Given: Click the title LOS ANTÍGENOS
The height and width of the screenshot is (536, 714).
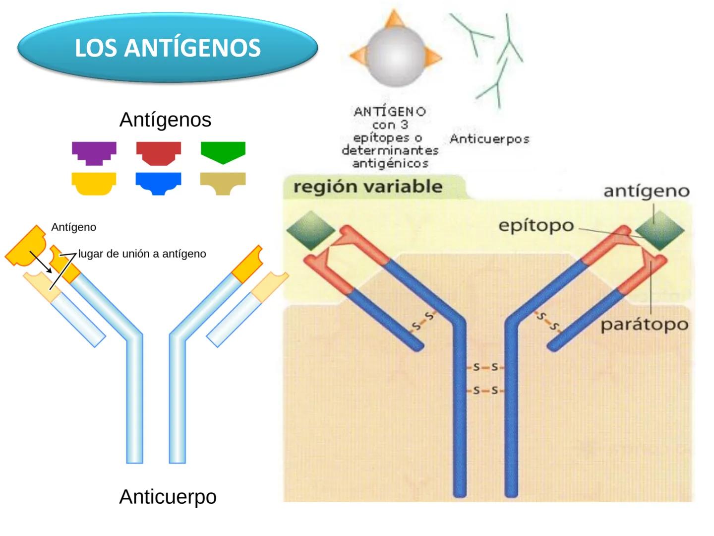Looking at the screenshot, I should pos(168,48).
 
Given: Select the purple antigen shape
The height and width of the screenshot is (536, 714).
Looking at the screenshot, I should pos(94,151).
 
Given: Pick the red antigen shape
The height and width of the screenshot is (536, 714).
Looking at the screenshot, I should pos(159,151).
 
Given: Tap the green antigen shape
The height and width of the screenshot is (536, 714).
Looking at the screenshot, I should pos(223,151).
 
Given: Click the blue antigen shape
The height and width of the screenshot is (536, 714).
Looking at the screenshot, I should pos(159,182).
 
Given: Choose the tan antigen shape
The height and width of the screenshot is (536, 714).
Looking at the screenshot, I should pos(223,182).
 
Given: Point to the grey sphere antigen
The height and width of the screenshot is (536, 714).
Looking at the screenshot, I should pos(395,55).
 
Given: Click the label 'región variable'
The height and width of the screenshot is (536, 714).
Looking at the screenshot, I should pos(367,187).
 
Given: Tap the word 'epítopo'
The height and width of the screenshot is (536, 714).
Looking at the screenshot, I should pos(536,226).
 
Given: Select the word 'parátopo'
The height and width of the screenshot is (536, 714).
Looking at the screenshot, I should pos(644,325).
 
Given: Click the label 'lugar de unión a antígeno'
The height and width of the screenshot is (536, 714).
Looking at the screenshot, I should pos(142,254).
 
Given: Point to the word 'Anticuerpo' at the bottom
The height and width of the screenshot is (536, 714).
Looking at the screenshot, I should pos(168,497).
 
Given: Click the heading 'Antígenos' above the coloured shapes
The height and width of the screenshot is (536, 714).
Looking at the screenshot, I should pos(165,120).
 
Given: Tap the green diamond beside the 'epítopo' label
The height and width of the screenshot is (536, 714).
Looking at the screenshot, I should pos(659,230).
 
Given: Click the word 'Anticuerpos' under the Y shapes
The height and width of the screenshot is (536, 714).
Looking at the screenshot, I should pos(489,139).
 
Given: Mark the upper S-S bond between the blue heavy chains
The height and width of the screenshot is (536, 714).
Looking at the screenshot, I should pos(485,368).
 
